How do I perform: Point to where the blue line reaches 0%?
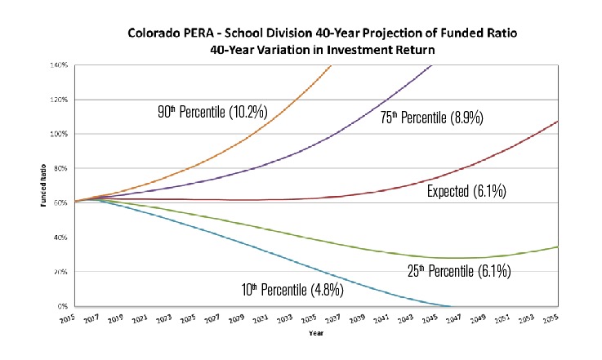(450, 306)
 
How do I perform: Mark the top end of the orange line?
(330, 65)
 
